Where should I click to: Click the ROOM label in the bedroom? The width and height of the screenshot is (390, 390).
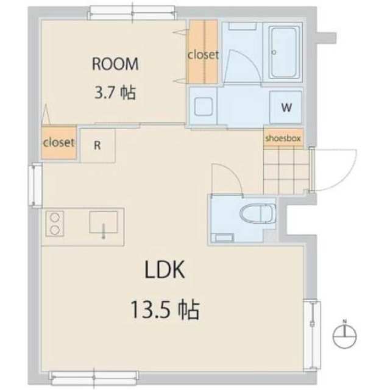tap(115, 63)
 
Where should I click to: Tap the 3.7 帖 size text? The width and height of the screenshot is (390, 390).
tap(115, 93)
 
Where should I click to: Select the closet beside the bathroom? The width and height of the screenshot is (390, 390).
tap(203, 54)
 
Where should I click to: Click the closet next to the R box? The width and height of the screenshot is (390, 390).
tap(58, 143)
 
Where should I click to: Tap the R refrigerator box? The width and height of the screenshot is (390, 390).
tap(97, 145)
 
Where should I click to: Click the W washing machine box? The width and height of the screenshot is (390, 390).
tap(285, 108)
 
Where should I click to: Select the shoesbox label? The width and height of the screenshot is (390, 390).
tap(283, 138)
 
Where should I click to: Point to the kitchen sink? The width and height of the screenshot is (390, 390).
tap(105, 224)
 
